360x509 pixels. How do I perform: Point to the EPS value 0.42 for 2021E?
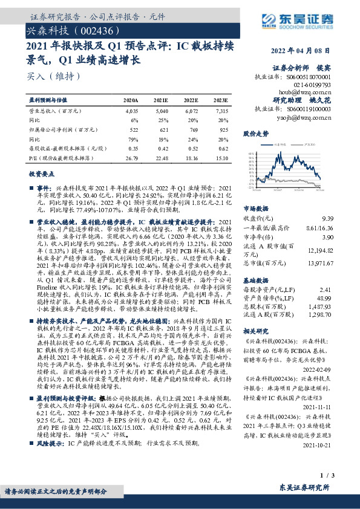tap(162, 148)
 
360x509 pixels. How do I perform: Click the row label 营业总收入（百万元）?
tap(55, 111)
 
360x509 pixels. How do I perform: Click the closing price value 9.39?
tap(327, 218)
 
